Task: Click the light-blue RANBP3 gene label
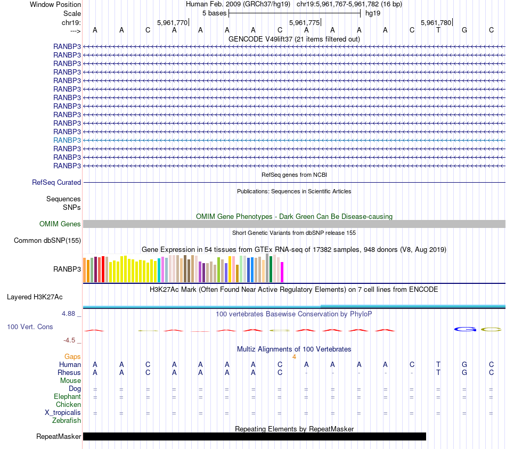[67, 140]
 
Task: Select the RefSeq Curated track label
[56, 182]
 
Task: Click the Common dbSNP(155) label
[47, 240]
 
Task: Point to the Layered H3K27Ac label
[42, 297]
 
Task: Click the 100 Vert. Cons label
[30, 326]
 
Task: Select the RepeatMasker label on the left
[59, 437]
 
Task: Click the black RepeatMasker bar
[255, 437]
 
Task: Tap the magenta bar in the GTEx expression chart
[282, 272]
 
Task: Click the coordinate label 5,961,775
[304, 22]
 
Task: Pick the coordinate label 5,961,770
[173, 22]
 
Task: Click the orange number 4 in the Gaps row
[294, 356]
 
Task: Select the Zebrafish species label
[67, 421]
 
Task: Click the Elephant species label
[67, 397]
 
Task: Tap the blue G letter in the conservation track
[464, 330]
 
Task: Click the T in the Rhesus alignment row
[438, 373]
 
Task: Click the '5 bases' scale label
[214, 13]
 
